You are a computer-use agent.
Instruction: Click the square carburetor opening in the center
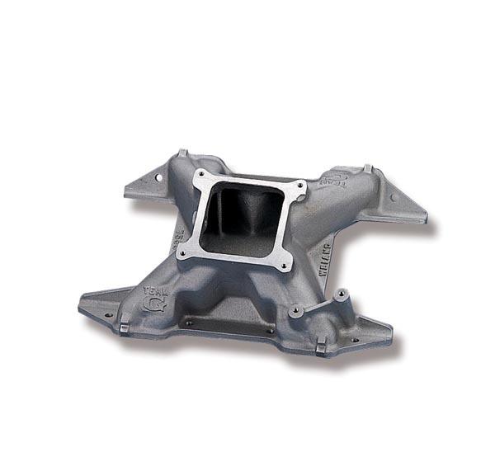point(242,217)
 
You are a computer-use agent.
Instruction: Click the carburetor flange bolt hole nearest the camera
point(284,264)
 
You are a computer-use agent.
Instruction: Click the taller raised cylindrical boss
point(337,294)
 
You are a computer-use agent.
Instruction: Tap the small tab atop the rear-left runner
point(182,153)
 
